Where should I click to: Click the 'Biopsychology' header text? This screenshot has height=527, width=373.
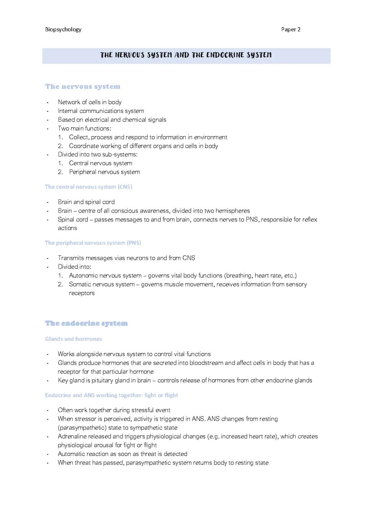(x=63, y=29)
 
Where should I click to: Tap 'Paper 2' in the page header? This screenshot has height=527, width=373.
(x=291, y=29)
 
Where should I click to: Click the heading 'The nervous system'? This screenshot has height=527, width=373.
(x=83, y=87)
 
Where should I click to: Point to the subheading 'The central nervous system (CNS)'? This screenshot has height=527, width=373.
(x=88, y=187)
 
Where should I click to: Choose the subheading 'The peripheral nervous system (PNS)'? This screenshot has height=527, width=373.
(x=93, y=243)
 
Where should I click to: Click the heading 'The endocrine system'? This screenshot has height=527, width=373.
(x=86, y=323)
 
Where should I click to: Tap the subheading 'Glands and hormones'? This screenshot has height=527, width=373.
(x=74, y=339)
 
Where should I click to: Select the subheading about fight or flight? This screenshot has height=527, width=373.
(x=112, y=395)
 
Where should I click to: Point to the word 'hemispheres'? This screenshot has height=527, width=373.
(x=232, y=211)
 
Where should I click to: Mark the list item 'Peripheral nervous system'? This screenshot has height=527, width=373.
(x=104, y=172)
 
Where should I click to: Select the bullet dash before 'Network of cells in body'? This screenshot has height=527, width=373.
(x=48, y=103)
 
